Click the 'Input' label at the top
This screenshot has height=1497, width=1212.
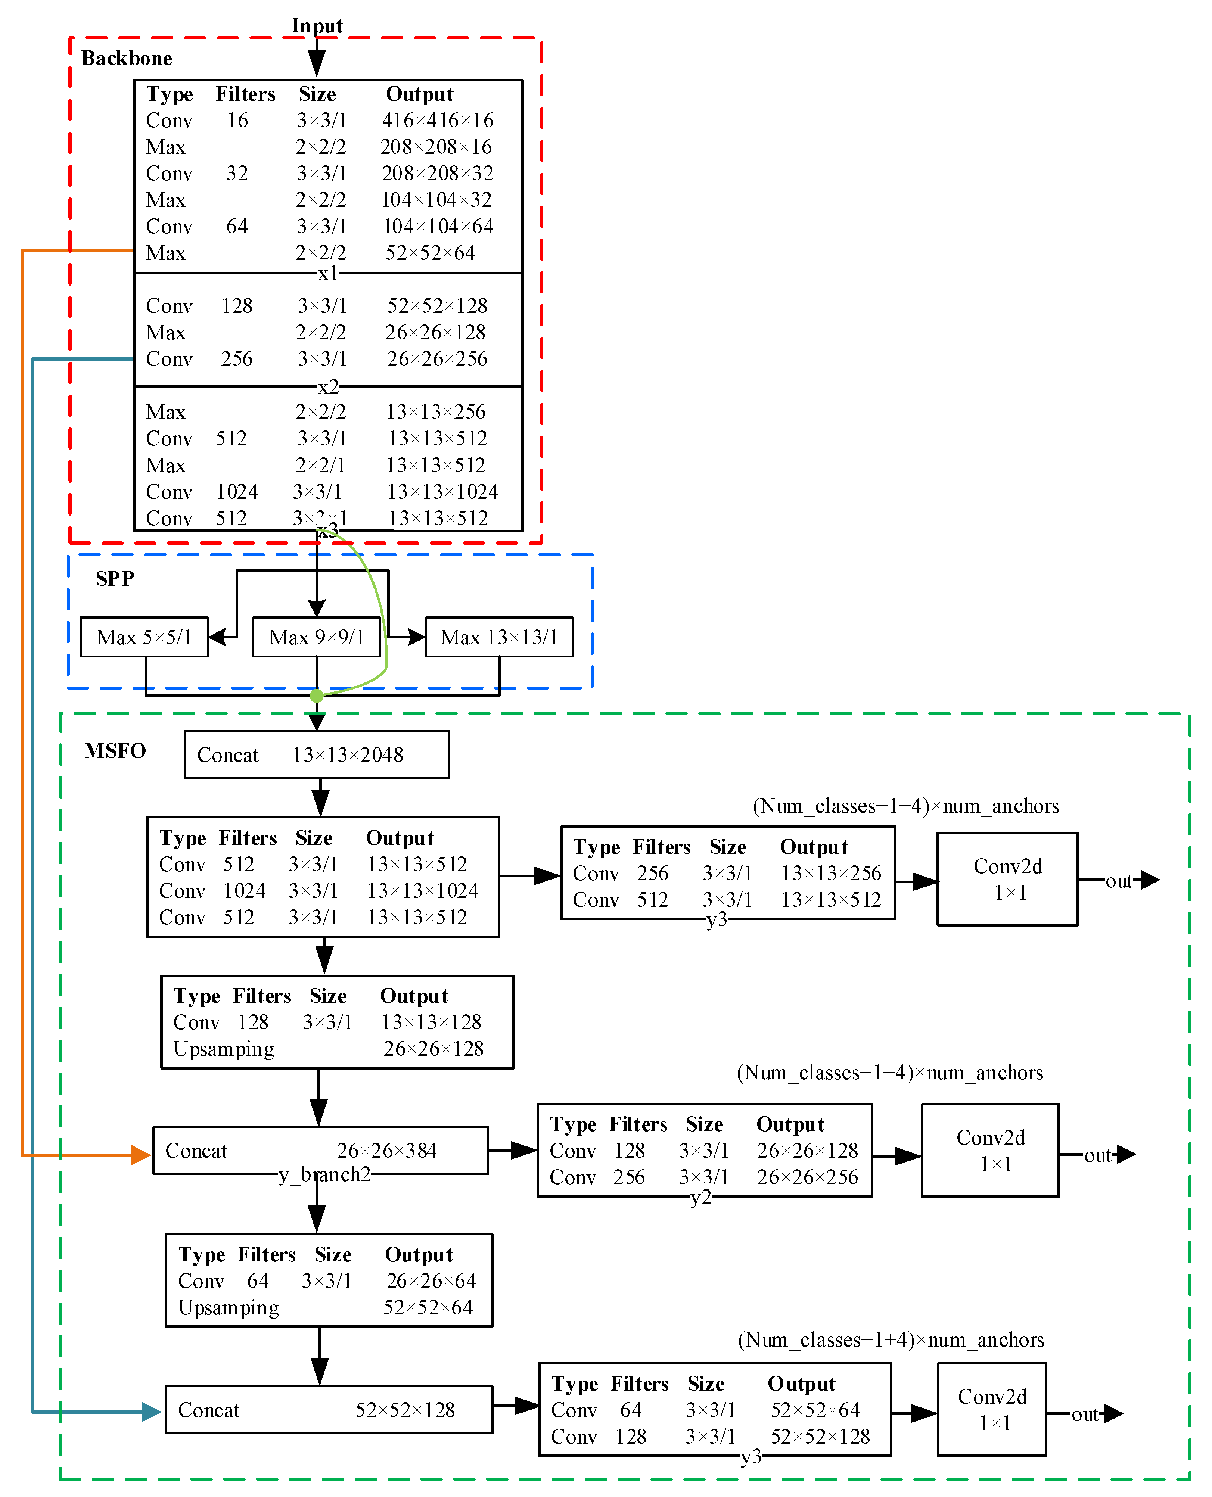[x=317, y=26]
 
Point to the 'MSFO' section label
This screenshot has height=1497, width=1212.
[x=115, y=751]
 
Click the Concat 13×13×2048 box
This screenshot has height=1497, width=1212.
[x=316, y=754]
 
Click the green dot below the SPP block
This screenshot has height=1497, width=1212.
[x=316, y=695]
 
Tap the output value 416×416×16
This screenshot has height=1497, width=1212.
[x=438, y=120]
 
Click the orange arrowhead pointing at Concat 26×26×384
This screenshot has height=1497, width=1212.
[x=141, y=1155]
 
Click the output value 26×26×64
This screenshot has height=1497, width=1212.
[x=431, y=1280]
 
